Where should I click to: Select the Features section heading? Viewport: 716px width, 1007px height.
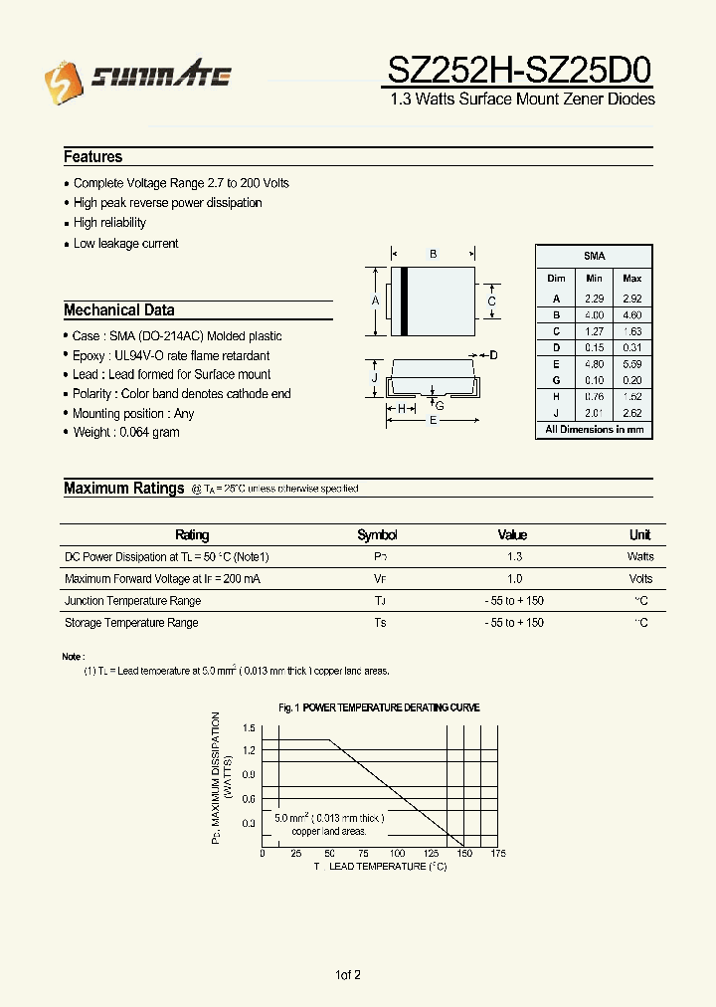click(93, 157)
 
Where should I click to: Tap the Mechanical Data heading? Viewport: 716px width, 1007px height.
click(119, 310)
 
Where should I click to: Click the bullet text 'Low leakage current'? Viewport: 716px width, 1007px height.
click(125, 244)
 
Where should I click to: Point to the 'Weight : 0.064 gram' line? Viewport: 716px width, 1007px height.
click(125, 433)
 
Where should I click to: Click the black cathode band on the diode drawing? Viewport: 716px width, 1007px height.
click(405, 302)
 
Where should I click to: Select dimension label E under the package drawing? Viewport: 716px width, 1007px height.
click(433, 421)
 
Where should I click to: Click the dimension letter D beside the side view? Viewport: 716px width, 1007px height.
click(493, 355)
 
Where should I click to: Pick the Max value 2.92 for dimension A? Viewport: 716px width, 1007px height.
click(631, 299)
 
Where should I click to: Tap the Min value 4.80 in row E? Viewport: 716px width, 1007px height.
click(594, 363)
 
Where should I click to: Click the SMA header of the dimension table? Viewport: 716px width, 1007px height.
click(594, 256)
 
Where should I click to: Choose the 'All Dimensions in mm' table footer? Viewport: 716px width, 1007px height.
click(594, 430)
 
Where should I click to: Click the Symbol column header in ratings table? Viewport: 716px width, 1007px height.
click(377, 535)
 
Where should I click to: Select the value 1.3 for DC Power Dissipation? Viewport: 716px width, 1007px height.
click(513, 557)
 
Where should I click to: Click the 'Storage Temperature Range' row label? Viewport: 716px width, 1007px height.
click(131, 623)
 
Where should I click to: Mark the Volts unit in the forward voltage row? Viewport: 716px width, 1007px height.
click(640, 579)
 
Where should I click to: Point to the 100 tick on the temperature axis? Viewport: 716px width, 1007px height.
click(397, 854)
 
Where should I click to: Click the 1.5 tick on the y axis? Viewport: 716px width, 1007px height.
click(249, 727)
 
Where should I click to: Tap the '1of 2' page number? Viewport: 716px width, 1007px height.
click(348, 975)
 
